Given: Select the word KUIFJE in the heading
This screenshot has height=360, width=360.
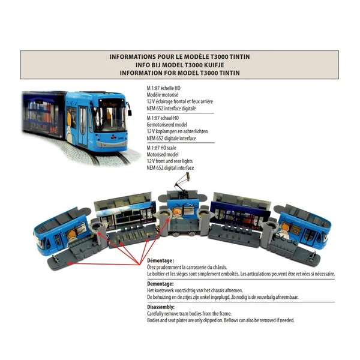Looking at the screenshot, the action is pyautogui.click(x=213, y=65).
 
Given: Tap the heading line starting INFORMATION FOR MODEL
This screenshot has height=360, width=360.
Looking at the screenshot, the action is pyautogui.click(x=179, y=73).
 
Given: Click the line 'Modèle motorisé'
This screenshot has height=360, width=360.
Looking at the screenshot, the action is pyautogui.click(x=163, y=95).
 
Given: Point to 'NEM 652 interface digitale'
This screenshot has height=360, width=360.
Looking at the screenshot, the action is pyautogui.click(x=171, y=109).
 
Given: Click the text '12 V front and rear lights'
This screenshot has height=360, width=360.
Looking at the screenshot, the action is pyautogui.click(x=170, y=161).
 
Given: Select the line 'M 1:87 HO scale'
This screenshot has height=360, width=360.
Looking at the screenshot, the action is pyautogui.click(x=161, y=148).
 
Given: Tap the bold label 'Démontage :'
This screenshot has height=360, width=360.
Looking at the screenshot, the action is pyautogui.click(x=161, y=260).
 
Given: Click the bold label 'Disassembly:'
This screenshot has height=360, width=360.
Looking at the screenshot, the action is pyautogui.click(x=161, y=307).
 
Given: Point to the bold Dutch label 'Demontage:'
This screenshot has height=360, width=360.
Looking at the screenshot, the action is pyautogui.click(x=160, y=284).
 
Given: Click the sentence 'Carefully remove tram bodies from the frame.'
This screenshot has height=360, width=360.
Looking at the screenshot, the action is pyautogui.click(x=190, y=314).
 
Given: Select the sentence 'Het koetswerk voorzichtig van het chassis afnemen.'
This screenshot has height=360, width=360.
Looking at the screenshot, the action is pyautogui.click(x=195, y=290).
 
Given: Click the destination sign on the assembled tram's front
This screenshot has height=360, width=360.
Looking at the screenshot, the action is pyautogui.click(x=110, y=104).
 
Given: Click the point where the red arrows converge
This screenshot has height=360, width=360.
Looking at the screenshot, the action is pyautogui.click(x=139, y=264).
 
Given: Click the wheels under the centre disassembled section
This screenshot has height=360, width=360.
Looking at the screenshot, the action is pyautogui.click(x=184, y=234).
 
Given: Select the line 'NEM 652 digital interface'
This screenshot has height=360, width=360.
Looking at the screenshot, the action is pyautogui.click(x=170, y=168).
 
